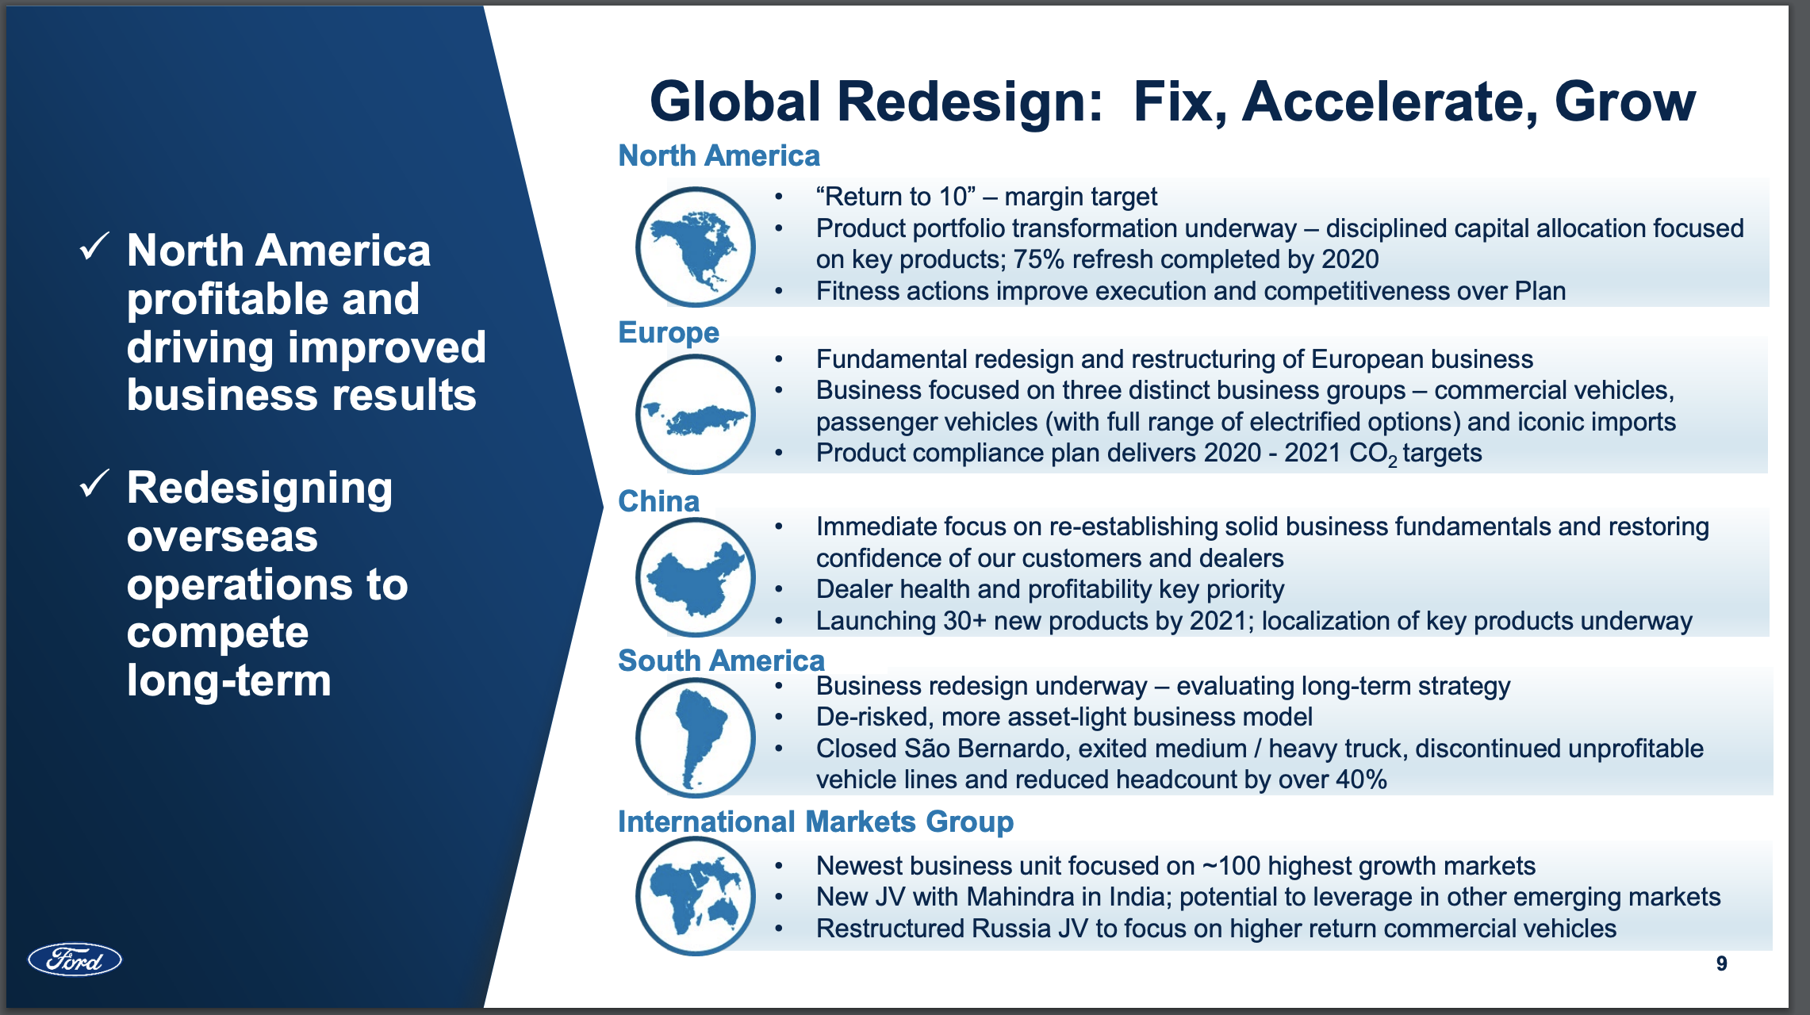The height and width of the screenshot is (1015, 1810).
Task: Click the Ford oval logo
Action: [75, 959]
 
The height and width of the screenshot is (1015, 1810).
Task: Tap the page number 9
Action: [1721, 963]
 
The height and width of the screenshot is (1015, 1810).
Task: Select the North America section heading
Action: [719, 155]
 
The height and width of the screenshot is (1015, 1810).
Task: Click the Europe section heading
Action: [669, 332]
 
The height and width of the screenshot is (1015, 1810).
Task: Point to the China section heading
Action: [658, 501]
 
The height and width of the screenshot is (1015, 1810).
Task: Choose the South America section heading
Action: [721, 661]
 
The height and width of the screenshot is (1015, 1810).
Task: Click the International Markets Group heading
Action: [815, 822]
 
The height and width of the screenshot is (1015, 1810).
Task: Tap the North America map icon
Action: [696, 247]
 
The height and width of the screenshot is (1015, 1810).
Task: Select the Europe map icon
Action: [696, 414]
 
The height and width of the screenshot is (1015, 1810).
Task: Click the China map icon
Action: [696, 577]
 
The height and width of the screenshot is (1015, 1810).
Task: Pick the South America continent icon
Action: [696, 737]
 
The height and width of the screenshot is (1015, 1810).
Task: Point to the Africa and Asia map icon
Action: [696, 896]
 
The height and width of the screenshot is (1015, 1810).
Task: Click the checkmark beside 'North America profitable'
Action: [94, 247]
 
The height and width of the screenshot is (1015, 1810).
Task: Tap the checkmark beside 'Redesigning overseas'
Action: [94, 484]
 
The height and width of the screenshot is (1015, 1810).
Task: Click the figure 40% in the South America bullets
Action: [1360, 779]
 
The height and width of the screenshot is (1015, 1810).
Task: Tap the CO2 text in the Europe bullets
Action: [1373, 454]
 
